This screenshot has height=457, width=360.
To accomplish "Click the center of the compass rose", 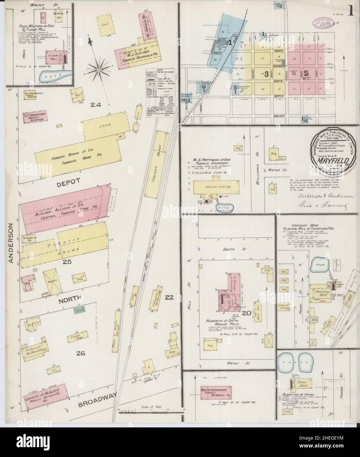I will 99,69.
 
